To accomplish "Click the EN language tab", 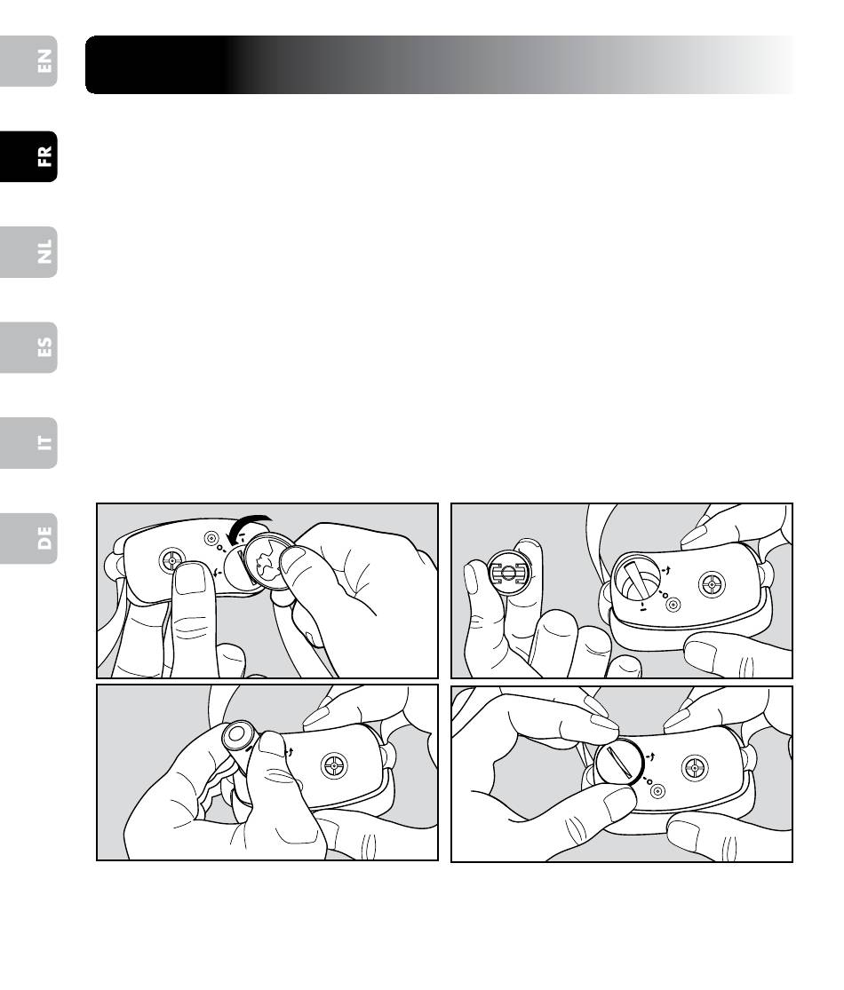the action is point(28,61).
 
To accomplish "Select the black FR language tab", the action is point(28,156).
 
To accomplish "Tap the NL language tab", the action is point(28,252).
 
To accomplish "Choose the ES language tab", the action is point(28,347).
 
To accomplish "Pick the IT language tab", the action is point(28,442).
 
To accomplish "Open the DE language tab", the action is point(28,539).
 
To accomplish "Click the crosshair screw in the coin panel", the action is point(171,560).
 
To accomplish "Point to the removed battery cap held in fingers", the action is point(509,574).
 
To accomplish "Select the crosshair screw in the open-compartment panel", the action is point(712,584).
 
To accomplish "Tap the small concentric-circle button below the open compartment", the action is point(673,605).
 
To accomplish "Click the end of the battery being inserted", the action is point(237,734).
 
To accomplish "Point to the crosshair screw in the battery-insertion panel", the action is point(333,766).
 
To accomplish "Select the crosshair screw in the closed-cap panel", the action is point(695,768).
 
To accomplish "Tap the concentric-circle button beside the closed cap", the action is point(657,790).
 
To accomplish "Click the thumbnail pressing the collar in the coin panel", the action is point(190,579).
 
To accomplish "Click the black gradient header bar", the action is point(441,65).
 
